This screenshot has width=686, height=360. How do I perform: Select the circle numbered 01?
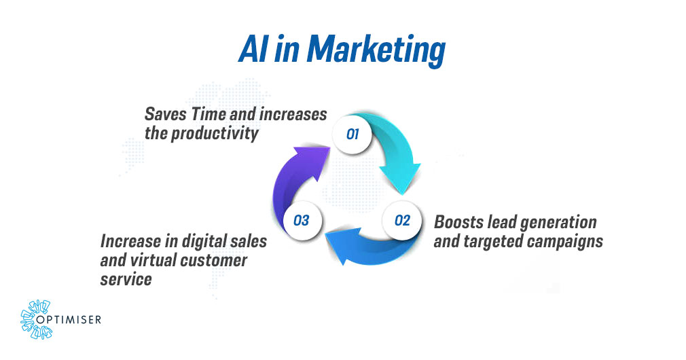pos(352,134)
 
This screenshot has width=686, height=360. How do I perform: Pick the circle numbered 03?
pos(302,220)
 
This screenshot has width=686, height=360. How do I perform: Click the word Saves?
pos(163,114)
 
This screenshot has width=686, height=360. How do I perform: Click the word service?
pos(126,279)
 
